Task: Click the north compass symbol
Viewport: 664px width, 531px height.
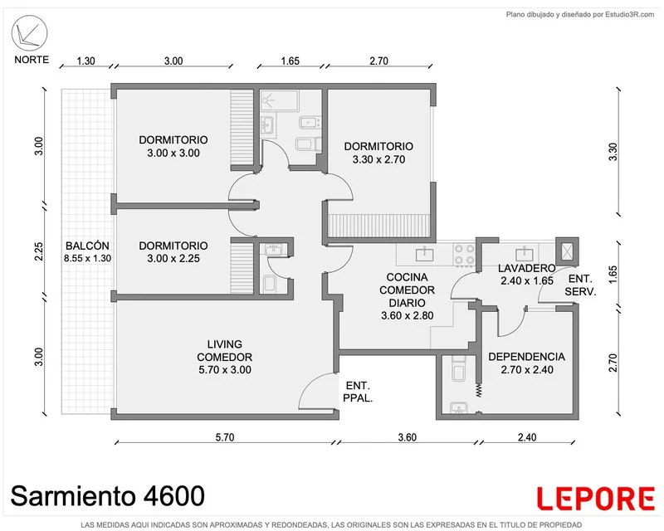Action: (30, 33)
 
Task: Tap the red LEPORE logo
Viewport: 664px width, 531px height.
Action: (596, 499)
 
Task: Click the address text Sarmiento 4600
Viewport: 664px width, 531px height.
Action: (108, 496)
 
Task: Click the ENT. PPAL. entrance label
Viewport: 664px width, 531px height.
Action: (358, 392)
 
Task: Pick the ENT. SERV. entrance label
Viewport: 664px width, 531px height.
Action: (580, 285)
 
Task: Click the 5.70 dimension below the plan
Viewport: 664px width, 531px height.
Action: (225, 437)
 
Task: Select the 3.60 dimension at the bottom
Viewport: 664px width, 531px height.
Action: (408, 437)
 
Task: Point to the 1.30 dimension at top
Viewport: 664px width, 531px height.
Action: (86, 61)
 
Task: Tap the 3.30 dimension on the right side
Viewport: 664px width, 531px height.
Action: (613, 152)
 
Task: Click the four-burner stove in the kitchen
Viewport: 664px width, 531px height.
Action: (465, 255)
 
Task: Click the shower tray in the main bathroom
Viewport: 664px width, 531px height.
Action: (279, 100)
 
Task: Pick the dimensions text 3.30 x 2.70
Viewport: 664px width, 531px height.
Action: (378, 159)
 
